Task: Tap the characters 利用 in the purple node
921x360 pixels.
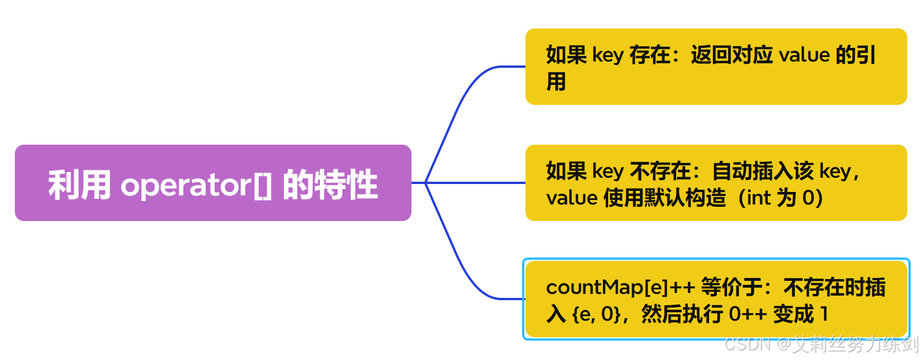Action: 79,185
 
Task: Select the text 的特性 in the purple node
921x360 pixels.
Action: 331,185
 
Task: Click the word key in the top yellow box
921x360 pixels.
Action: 608,55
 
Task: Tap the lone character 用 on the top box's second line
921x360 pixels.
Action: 556,81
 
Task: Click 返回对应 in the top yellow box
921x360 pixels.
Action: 732,55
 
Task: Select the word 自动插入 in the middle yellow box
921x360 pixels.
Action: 763,171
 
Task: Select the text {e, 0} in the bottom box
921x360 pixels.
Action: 596,314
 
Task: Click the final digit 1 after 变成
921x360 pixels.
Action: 824,314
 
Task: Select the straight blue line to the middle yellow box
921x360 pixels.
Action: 476,183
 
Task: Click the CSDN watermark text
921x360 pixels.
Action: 747,344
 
